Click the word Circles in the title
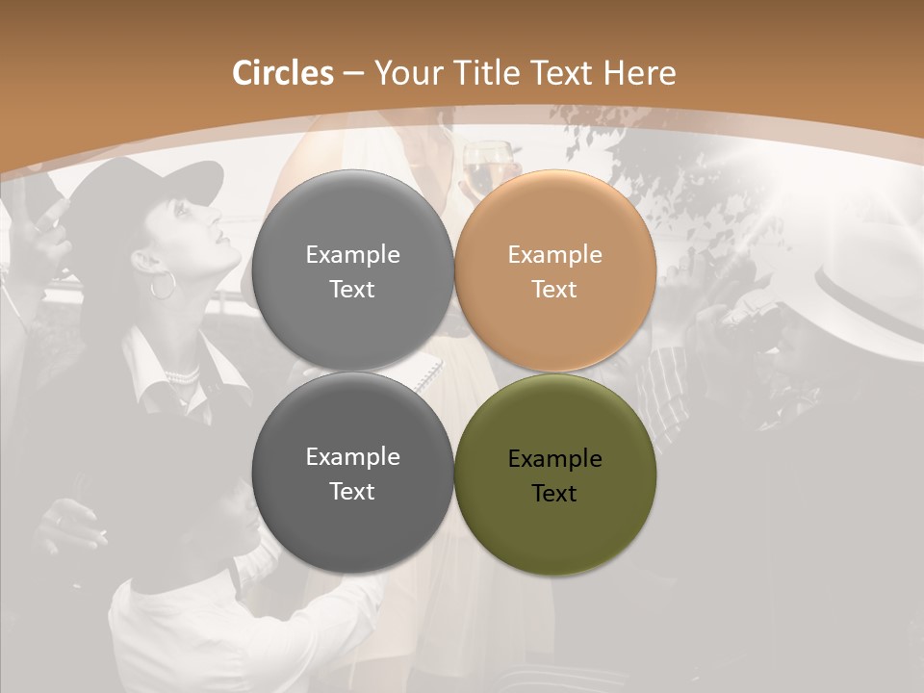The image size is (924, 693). point(283,73)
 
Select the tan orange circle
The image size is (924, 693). point(555,271)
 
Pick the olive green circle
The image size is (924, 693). point(555,475)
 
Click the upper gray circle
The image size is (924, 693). point(352,271)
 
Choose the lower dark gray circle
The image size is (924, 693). point(352,474)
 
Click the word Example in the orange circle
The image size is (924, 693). point(555,255)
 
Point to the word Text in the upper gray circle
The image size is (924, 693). point(352,290)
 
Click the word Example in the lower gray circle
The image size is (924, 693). point(352,457)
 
